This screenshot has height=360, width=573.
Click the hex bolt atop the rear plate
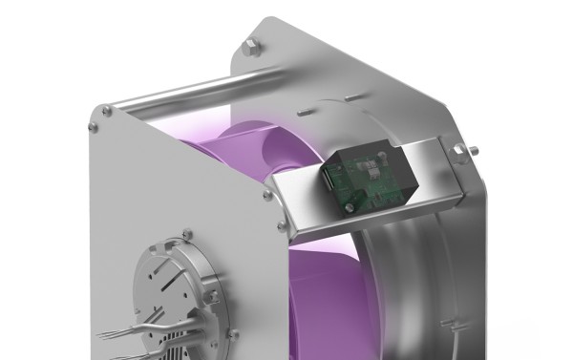[x=249, y=42]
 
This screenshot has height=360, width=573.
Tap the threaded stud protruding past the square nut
[x=474, y=151]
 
